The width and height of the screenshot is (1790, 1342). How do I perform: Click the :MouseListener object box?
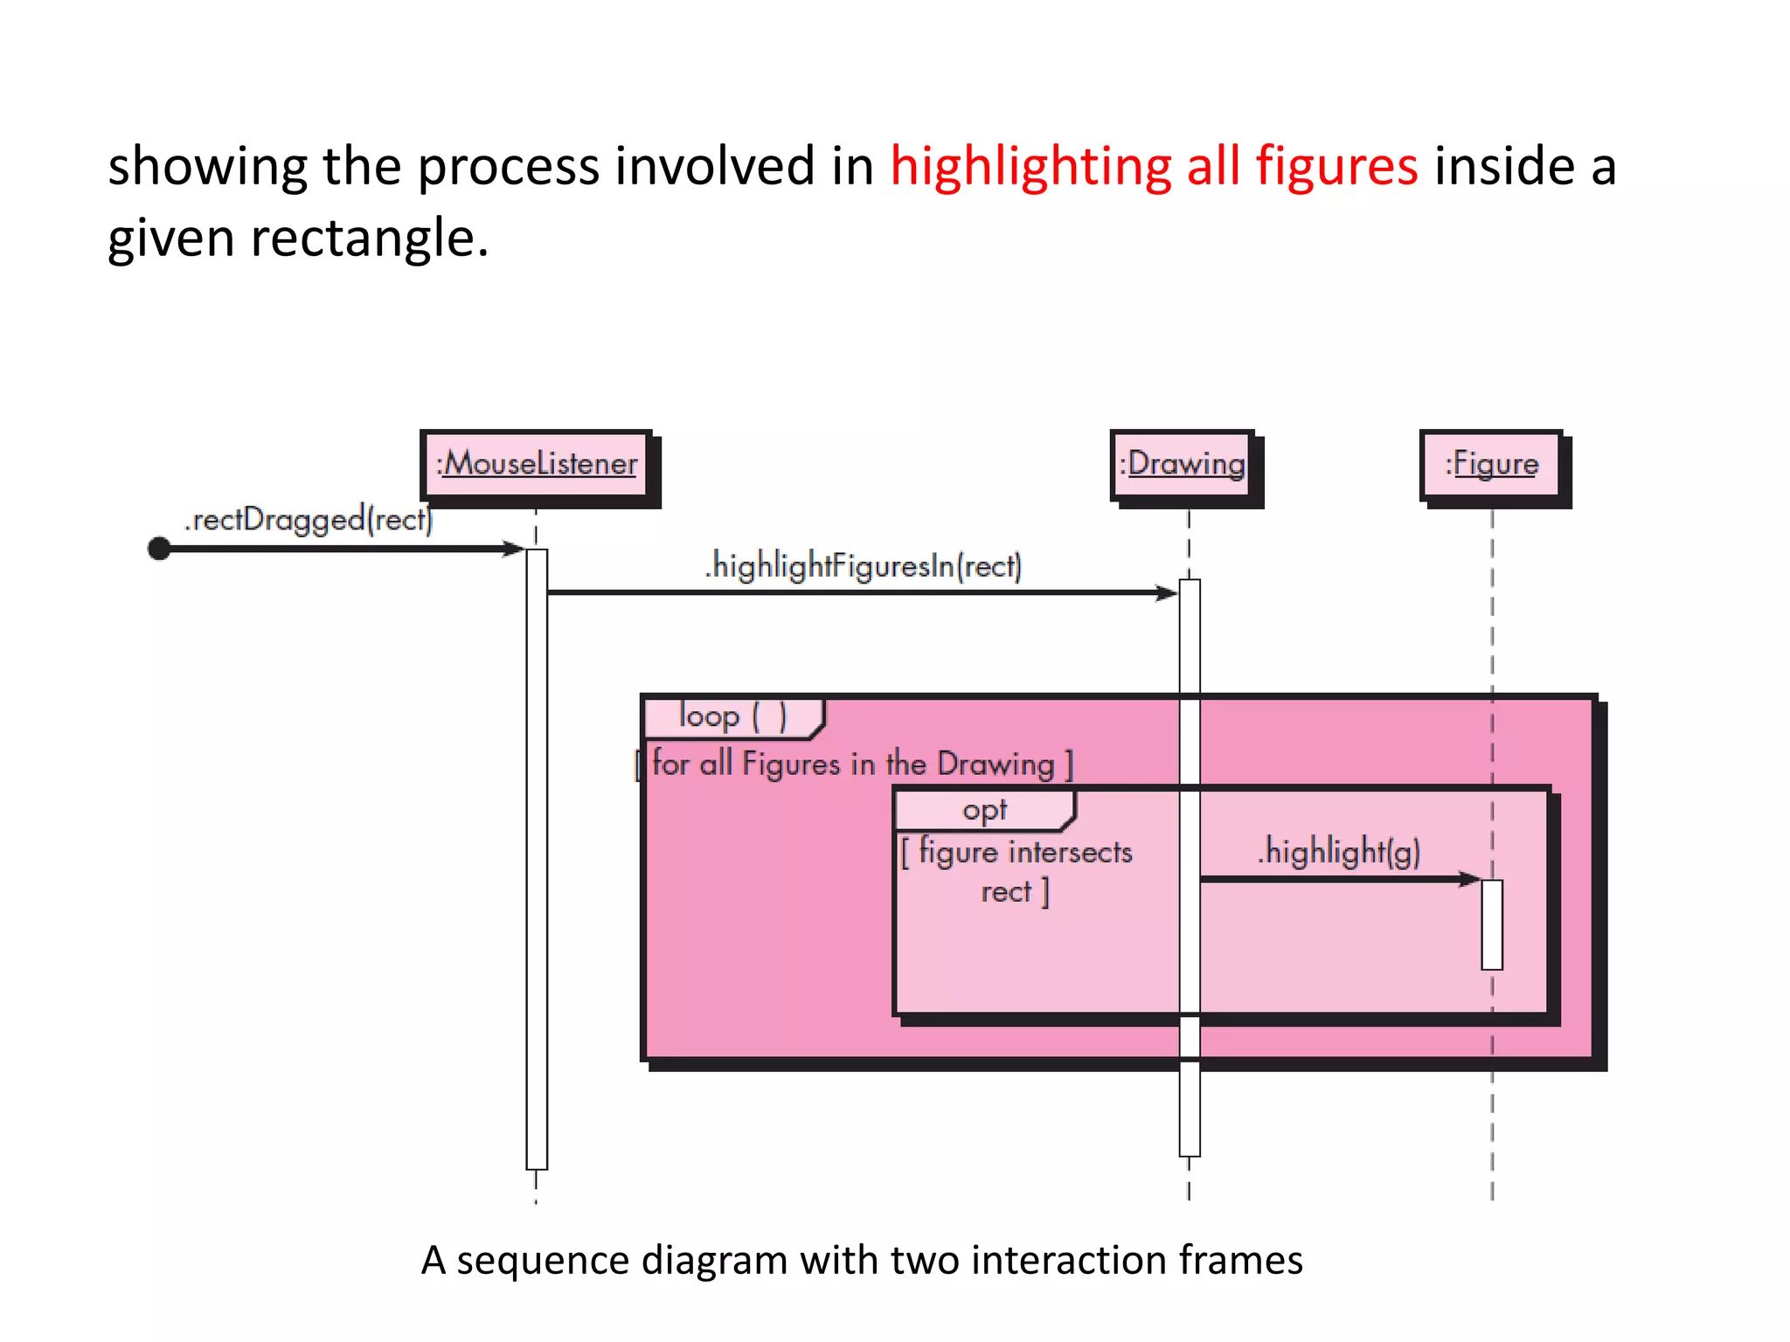[x=536, y=464]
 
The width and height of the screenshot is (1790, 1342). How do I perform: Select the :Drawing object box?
[x=1183, y=464]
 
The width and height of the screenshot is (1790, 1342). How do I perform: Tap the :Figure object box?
[x=1491, y=464]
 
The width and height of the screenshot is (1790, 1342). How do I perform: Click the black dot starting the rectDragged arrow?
[x=159, y=549]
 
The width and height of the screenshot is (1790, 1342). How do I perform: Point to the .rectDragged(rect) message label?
[x=309, y=520]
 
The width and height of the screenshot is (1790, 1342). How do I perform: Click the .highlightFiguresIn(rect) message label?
[x=864, y=566]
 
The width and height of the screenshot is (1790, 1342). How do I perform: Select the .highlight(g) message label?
[x=1339, y=851]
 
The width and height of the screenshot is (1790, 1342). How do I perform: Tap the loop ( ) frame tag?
[x=732, y=717]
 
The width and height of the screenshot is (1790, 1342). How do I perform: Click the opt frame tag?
[x=984, y=810]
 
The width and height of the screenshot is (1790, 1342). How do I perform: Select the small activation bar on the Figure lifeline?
[x=1492, y=924]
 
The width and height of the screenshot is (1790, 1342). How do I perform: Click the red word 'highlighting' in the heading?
[x=1030, y=166]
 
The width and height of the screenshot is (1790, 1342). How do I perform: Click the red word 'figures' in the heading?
[x=1336, y=166]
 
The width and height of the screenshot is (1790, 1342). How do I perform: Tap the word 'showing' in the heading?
[x=207, y=166]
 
